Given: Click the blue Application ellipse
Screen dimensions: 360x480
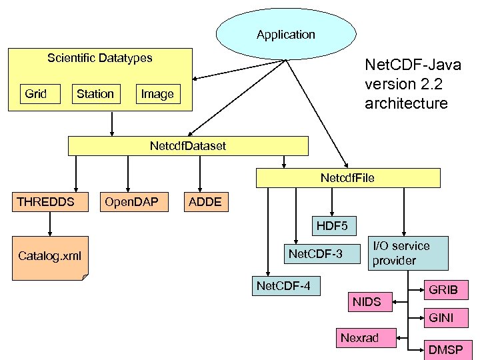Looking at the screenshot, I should [286, 34].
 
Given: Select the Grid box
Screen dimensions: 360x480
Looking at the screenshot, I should [37, 94].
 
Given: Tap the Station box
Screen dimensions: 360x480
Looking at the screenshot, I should [95, 94].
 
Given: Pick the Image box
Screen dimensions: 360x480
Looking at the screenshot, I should [157, 94].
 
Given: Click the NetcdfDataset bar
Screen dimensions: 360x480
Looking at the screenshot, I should [189, 145].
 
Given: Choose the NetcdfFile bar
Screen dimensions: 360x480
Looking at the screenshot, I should [349, 177].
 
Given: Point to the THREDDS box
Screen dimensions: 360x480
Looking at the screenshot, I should [45, 202].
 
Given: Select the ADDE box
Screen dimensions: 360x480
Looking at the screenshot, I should [205, 202].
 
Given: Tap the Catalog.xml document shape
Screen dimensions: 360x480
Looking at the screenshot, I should [51, 255].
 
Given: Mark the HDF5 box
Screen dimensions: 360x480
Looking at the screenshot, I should [332, 227].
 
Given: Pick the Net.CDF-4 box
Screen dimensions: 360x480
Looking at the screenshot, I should [285, 287].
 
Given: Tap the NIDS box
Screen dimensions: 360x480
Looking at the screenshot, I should [367, 303].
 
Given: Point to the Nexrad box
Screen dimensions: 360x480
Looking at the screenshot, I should [359, 338].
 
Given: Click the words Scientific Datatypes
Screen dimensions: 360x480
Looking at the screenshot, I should [100, 58].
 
